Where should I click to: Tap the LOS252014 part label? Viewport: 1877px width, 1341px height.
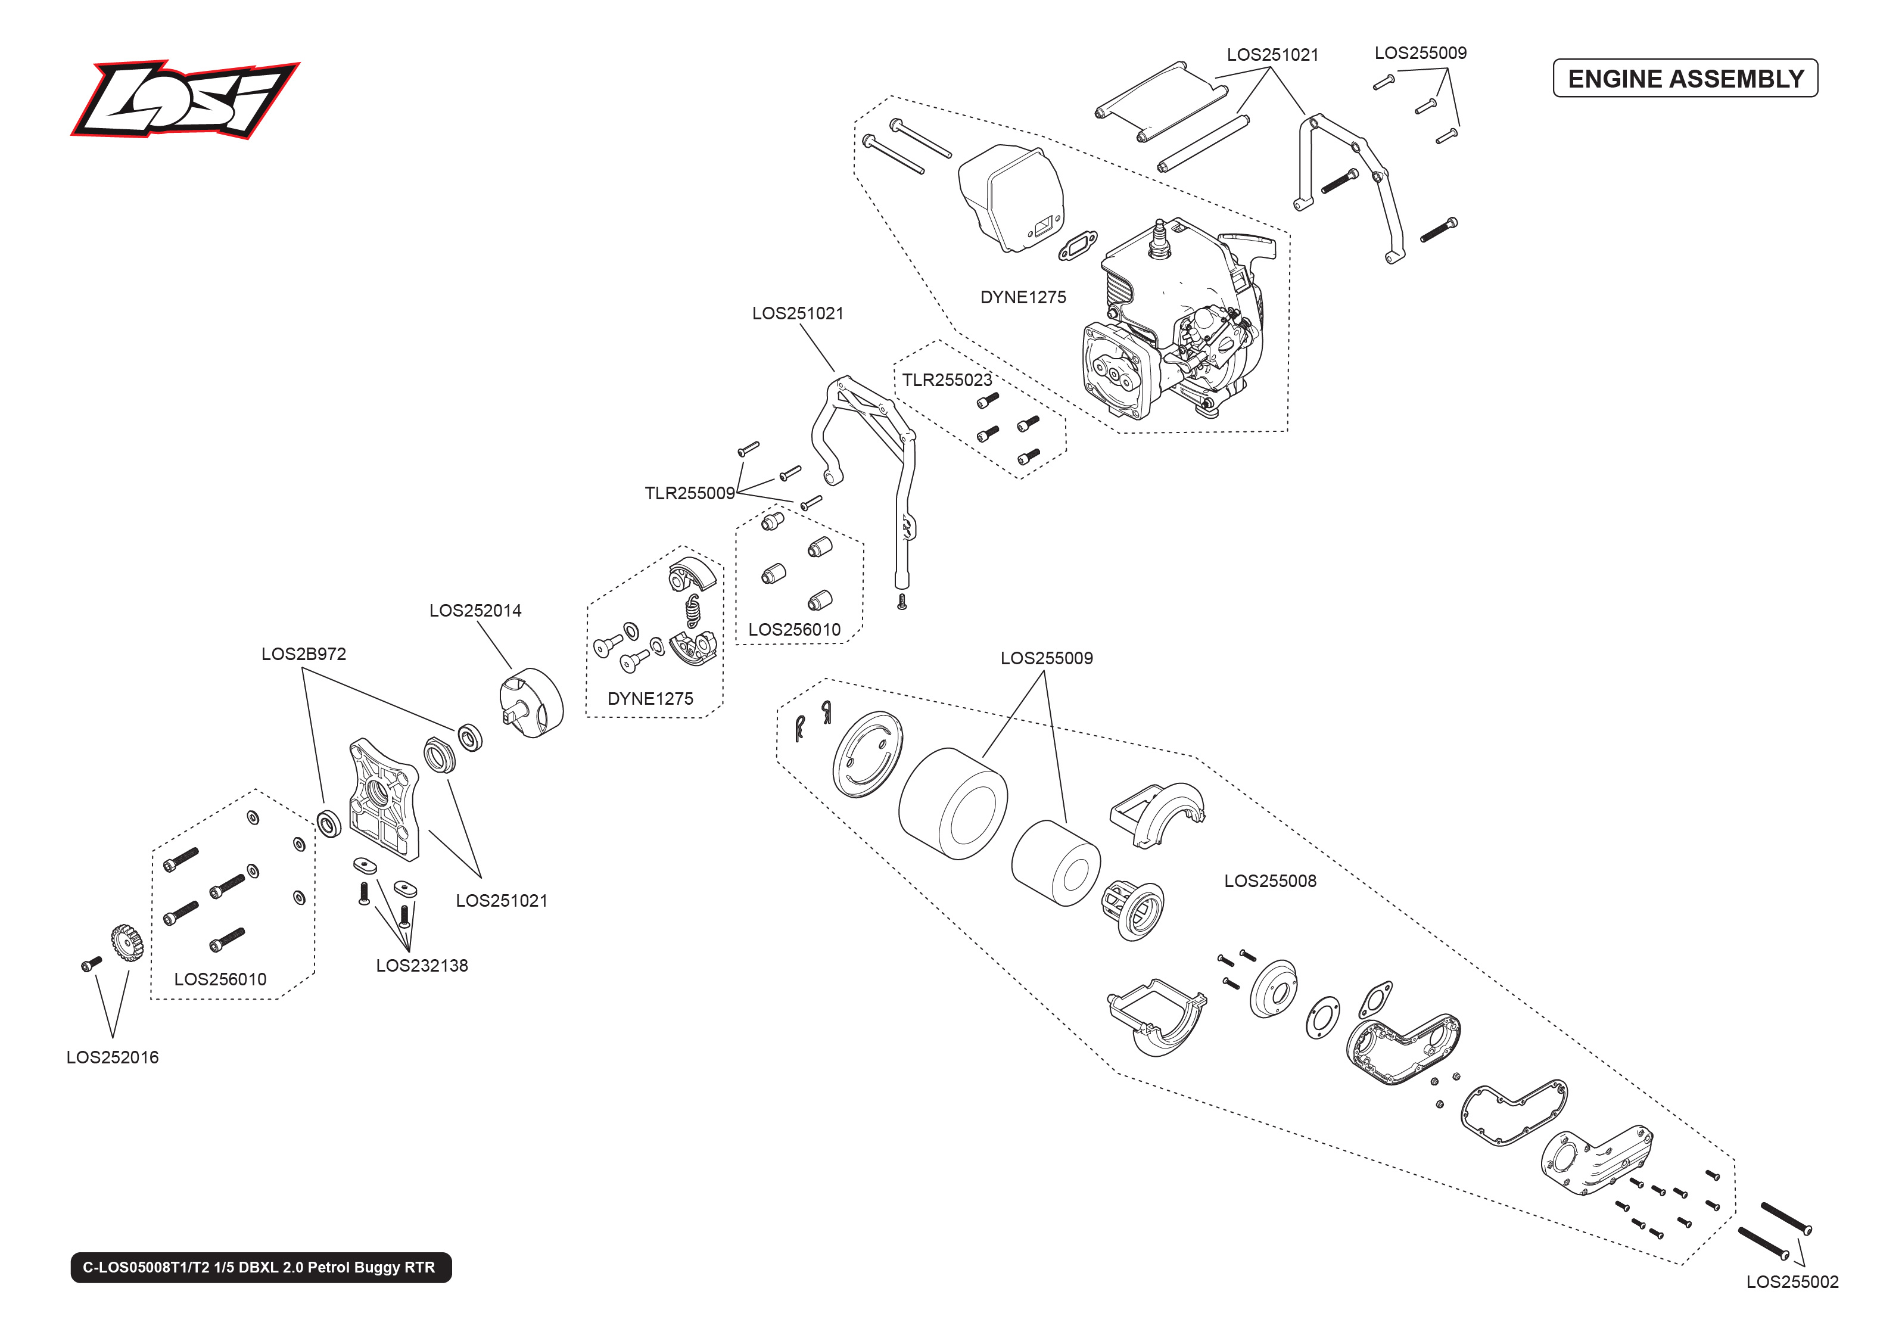[x=475, y=610]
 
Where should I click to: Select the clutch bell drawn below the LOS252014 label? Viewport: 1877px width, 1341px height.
[x=533, y=703]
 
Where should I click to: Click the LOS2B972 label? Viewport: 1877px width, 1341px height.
[x=303, y=654]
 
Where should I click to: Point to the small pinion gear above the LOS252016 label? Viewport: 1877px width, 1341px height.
[x=126, y=942]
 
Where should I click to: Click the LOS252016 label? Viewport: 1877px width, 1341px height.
[x=112, y=1057]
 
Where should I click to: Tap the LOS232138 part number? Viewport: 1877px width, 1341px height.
[x=421, y=965]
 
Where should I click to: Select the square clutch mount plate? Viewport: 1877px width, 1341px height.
[x=383, y=798]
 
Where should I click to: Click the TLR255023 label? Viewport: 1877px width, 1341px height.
[x=946, y=380]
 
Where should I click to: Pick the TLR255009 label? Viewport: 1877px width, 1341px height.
[x=689, y=493]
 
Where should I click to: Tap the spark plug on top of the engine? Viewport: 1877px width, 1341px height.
[x=1160, y=236]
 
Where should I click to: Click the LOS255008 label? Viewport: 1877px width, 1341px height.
[x=1269, y=881]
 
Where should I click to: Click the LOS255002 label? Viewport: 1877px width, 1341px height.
[x=1791, y=1281]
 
